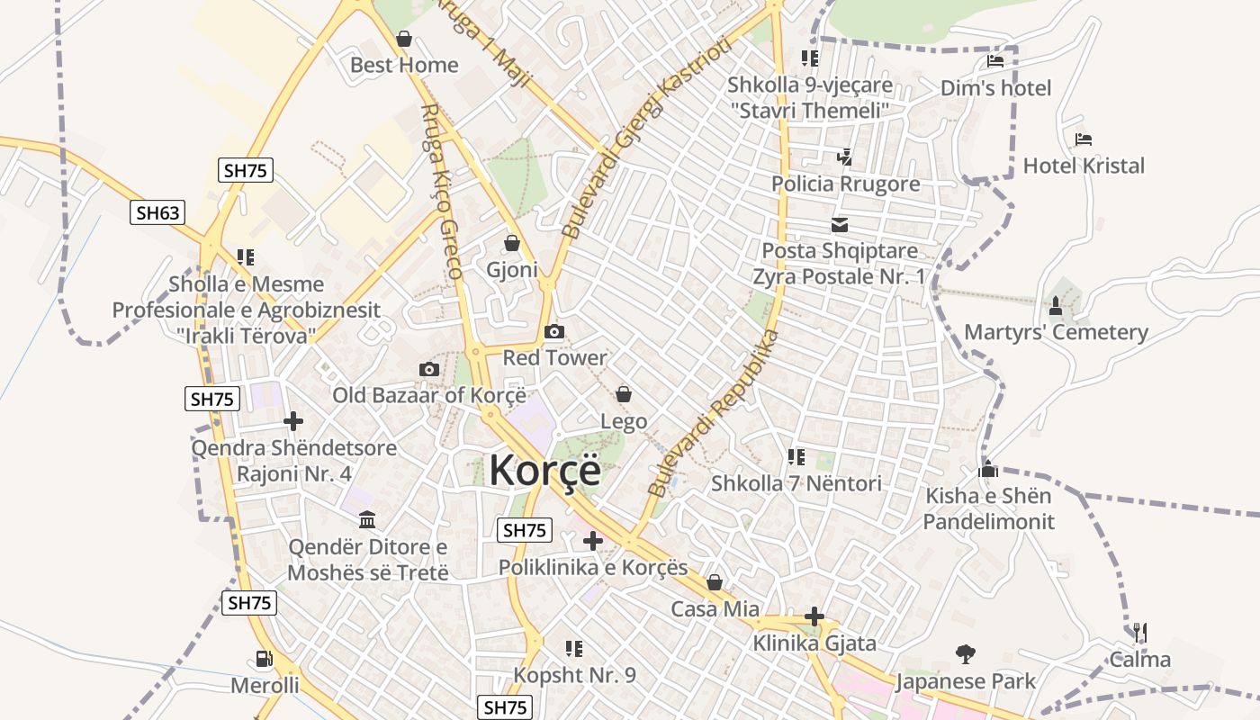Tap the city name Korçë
[x=544, y=470]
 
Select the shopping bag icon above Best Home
[x=404, y=39]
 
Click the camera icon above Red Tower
[x=554, y=331]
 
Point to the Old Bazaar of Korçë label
[x=428, y=395]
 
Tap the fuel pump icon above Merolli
[x=264, y=659]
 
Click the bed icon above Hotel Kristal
[x=1084, y=139]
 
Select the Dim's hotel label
[x=995, y=88]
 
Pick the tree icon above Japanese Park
[x=966, y=654]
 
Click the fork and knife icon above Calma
[x=1139, y=633]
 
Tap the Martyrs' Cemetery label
[x=1056, y=332]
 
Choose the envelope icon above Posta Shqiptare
[x=840, y=225]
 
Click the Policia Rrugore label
[x=845, y=184]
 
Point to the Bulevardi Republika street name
[x=713, y=413]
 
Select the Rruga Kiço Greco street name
[x=442, y=191]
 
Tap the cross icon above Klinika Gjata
[x=814, y=616]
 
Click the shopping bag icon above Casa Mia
[x=715, y=582]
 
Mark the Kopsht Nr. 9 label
[x=574, y=674]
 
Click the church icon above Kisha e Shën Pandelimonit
[x=988, y=469]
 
